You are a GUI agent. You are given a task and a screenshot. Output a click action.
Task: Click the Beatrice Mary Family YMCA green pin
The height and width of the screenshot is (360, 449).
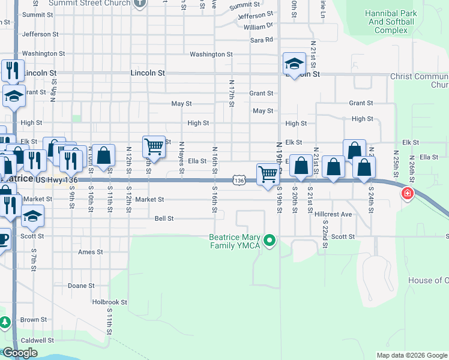270,241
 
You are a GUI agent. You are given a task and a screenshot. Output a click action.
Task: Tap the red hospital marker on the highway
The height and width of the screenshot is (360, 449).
408,194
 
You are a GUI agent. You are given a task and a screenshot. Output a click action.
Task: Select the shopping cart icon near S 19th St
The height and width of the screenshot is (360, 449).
268,175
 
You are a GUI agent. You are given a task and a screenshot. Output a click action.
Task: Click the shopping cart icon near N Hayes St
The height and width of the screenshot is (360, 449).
154,146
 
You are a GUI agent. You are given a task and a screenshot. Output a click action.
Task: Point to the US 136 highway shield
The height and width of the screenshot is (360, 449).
239,180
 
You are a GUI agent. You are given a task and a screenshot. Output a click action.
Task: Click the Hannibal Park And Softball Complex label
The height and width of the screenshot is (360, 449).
391,22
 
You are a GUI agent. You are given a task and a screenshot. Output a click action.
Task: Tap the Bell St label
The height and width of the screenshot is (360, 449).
164,219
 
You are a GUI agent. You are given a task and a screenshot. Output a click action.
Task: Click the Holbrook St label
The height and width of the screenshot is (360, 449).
109,302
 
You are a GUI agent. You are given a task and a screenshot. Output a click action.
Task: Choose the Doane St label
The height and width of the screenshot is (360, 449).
80,286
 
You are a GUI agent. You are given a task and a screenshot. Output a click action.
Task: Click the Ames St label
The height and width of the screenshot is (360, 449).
91,252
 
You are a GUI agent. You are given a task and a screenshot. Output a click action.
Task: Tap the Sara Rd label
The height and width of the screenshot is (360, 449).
262,40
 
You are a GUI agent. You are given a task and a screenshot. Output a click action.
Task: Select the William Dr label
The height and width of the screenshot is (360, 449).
258,26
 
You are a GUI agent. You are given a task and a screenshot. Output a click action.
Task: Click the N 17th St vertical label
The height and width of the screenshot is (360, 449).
231,92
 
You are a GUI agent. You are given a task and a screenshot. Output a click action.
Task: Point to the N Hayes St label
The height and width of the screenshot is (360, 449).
181,160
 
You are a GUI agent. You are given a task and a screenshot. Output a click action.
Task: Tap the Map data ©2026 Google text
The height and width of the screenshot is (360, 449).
412,355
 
